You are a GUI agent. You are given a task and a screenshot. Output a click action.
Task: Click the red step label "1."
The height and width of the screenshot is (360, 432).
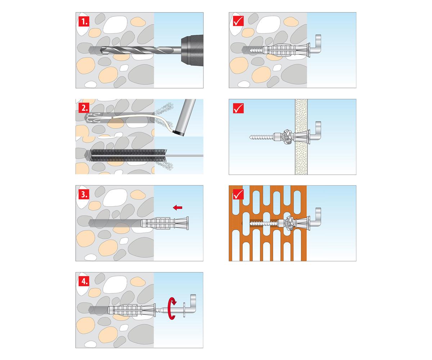click(x=84, y=21)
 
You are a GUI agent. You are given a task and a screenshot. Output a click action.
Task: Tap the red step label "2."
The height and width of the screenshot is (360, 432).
click(x=84, y=108)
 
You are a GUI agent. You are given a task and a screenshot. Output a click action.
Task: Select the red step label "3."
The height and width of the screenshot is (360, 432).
click(x=84, y=194)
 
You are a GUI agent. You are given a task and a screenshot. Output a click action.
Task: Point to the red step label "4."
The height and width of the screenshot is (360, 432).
click(x=84, y=281)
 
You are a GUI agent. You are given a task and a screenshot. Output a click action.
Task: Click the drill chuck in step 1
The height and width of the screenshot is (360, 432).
click(x=192, y=50)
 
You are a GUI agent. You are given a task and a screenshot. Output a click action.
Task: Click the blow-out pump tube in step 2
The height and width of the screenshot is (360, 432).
click(x=185, y=117)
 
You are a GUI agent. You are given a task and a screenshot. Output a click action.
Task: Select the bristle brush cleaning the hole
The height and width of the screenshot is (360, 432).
click(x=128, y=156)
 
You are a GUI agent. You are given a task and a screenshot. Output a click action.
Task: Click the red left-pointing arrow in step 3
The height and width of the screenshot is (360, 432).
click(x=177, y=207)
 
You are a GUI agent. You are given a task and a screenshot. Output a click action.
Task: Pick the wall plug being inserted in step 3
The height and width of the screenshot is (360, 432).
click(x=165, y=223)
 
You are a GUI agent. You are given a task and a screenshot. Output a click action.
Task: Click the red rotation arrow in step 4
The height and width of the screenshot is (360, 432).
click(x=172, y=309)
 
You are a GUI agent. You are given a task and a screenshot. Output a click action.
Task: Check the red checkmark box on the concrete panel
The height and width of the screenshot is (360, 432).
click(x=238, y=21)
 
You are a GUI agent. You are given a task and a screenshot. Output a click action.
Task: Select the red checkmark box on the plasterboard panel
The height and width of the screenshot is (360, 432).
click(x=238, y=108)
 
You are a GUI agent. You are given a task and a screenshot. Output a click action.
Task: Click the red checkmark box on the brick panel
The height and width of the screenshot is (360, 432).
click(x=238, y=194)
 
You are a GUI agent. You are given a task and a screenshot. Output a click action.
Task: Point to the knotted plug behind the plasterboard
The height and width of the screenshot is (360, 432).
click(x=288, y=136)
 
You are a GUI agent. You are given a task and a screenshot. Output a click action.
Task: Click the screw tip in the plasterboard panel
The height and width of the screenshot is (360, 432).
click(x=250, y=137)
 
